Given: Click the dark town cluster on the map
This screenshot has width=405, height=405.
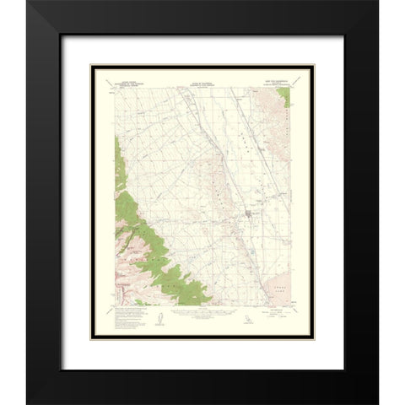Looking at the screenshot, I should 246,224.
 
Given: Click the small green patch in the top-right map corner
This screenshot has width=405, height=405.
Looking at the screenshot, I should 289,97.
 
